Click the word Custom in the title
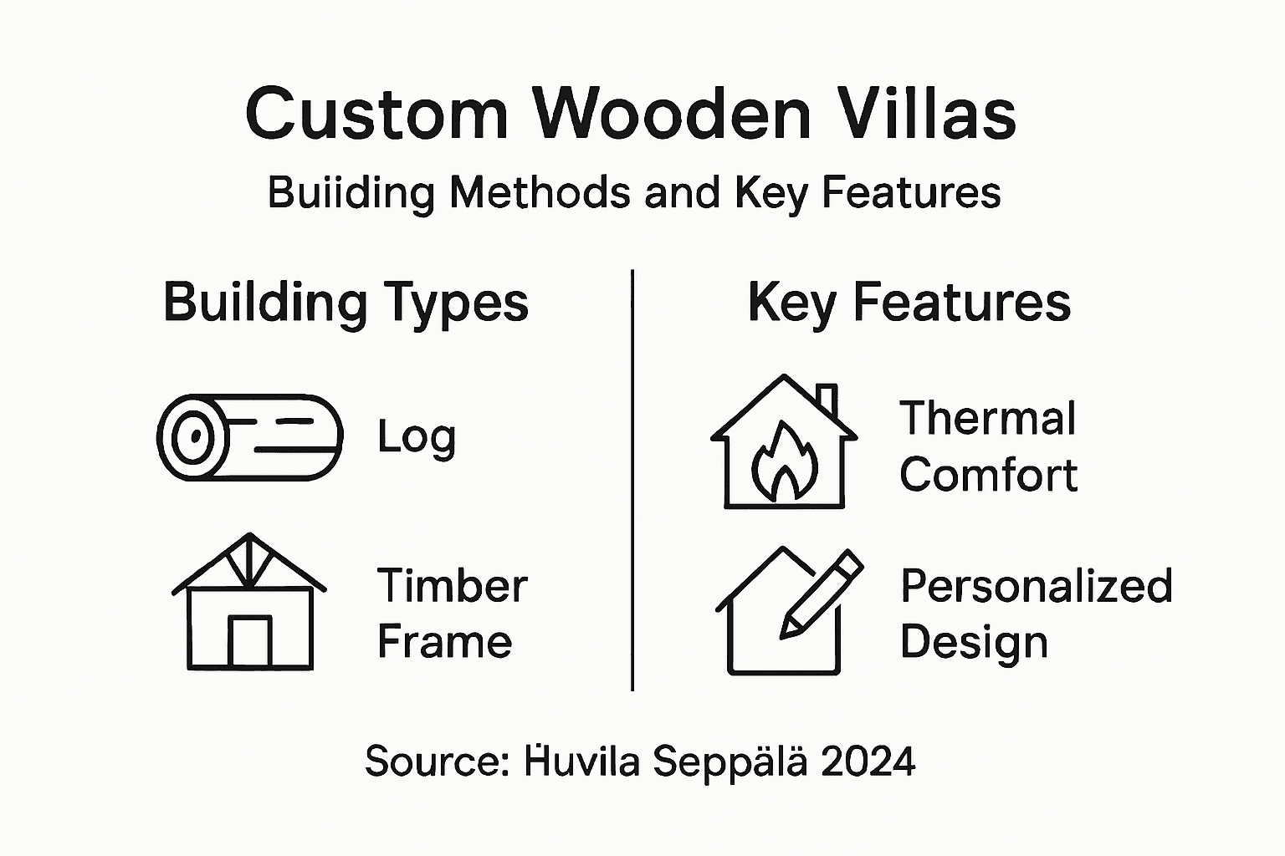(376, 114)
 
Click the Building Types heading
(346, 303)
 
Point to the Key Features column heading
(909, 303)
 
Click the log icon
(249, 437)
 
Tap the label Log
(416, 437)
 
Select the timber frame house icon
(249, 602)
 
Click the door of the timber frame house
(250, 641)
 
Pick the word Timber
(452, 586)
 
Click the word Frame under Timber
(444, 642)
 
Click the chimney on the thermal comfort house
(827, 400)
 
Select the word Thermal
(987, 419)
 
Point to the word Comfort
(988, 475)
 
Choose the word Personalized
(1036, 586)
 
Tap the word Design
(974, 643)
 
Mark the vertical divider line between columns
(632, 480)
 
